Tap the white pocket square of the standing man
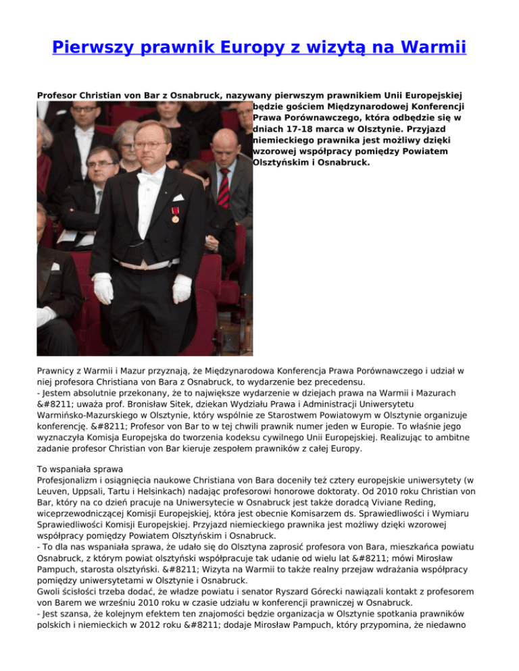[x=178, y=198]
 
